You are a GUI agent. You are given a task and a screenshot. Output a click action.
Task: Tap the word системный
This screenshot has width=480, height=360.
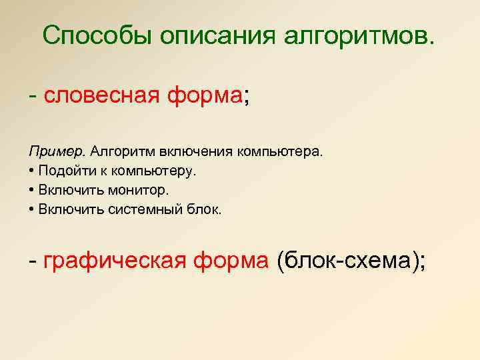(139, 209)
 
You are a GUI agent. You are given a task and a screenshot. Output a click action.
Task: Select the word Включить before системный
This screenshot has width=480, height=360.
(65, 209)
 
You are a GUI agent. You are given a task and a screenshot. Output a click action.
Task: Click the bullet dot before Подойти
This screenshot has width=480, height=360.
(32, 171)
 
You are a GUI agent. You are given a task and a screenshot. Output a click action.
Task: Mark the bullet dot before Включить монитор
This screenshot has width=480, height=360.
(32, 190)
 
